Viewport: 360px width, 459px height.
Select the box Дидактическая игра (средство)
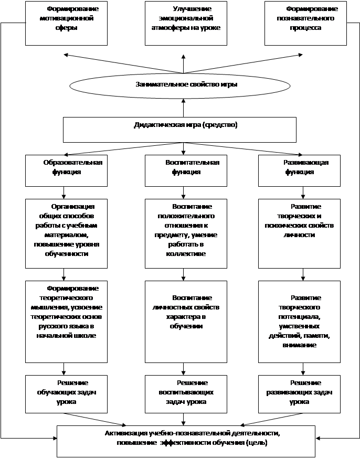(x=179, y=130)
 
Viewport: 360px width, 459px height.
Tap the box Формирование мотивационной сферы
(x=66, y=23)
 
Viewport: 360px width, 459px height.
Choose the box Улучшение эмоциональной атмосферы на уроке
(x=186, y=23)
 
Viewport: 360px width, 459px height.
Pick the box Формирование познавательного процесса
(x=305, y=23)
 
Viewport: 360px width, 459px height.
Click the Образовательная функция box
(x=66, y=170)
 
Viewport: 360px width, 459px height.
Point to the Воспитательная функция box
(x=186, y=170)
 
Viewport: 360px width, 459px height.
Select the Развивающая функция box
(x=299, y=170)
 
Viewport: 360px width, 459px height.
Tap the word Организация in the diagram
(x=73, y=207)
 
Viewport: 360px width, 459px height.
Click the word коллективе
(x=186, y=254)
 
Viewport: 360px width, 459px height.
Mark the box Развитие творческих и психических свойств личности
(x=299, y=233)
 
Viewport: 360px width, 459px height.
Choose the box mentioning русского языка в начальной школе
(x=66, y=322)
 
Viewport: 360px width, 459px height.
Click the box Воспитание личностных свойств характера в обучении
(x=186, y=322)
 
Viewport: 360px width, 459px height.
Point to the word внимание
(x=299, y=345)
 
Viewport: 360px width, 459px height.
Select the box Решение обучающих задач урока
(x=66, y=394)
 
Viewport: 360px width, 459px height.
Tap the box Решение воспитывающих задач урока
(x=186, y=394)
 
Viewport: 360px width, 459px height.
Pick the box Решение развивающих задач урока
(x=299, y=394)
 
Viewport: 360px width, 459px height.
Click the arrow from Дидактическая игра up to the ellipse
(x=183, y=108)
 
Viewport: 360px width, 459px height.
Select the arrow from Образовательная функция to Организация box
(x=63, y=193)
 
